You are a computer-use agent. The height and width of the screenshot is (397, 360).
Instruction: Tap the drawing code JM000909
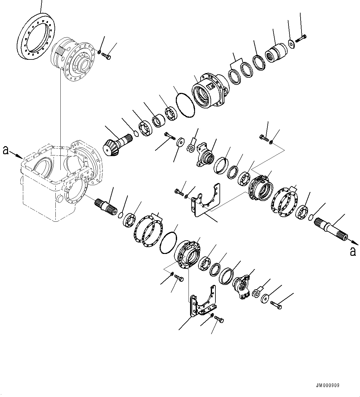pos(327,386)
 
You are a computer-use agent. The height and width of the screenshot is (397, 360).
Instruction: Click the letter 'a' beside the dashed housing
pos(5,151)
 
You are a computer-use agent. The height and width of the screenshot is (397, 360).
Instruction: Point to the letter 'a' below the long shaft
pos(353,252)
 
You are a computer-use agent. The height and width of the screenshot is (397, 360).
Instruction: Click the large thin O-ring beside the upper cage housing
pos(185,105)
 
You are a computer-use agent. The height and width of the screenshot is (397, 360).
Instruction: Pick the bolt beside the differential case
pos(106,57)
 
